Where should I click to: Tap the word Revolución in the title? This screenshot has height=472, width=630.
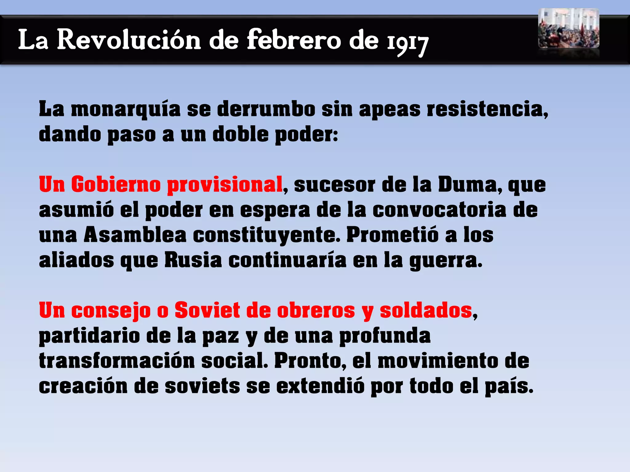[129, 40]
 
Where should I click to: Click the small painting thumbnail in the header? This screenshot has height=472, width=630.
[568, 28]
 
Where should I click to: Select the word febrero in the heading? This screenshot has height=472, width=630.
[294, 40]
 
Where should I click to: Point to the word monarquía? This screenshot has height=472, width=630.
[126, 109]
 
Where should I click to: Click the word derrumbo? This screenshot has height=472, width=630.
[266, 109]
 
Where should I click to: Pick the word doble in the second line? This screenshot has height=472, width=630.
[240, 135]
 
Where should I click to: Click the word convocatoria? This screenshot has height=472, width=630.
[439, 210]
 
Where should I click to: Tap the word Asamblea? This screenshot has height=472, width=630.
[135, 235]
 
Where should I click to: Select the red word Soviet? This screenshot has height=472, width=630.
[207, 310]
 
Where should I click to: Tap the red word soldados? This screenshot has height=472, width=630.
[426, 310]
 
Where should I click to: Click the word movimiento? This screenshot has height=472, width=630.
[438, 361]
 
